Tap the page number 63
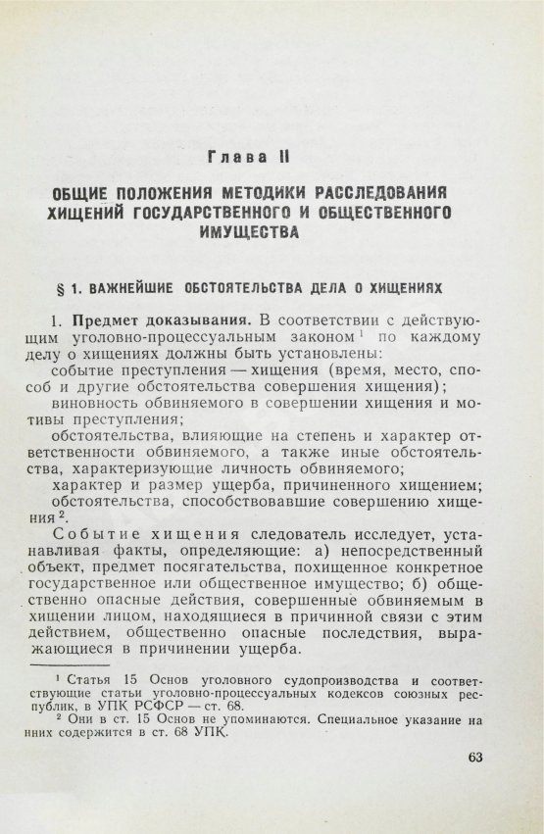click(471, 756)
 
